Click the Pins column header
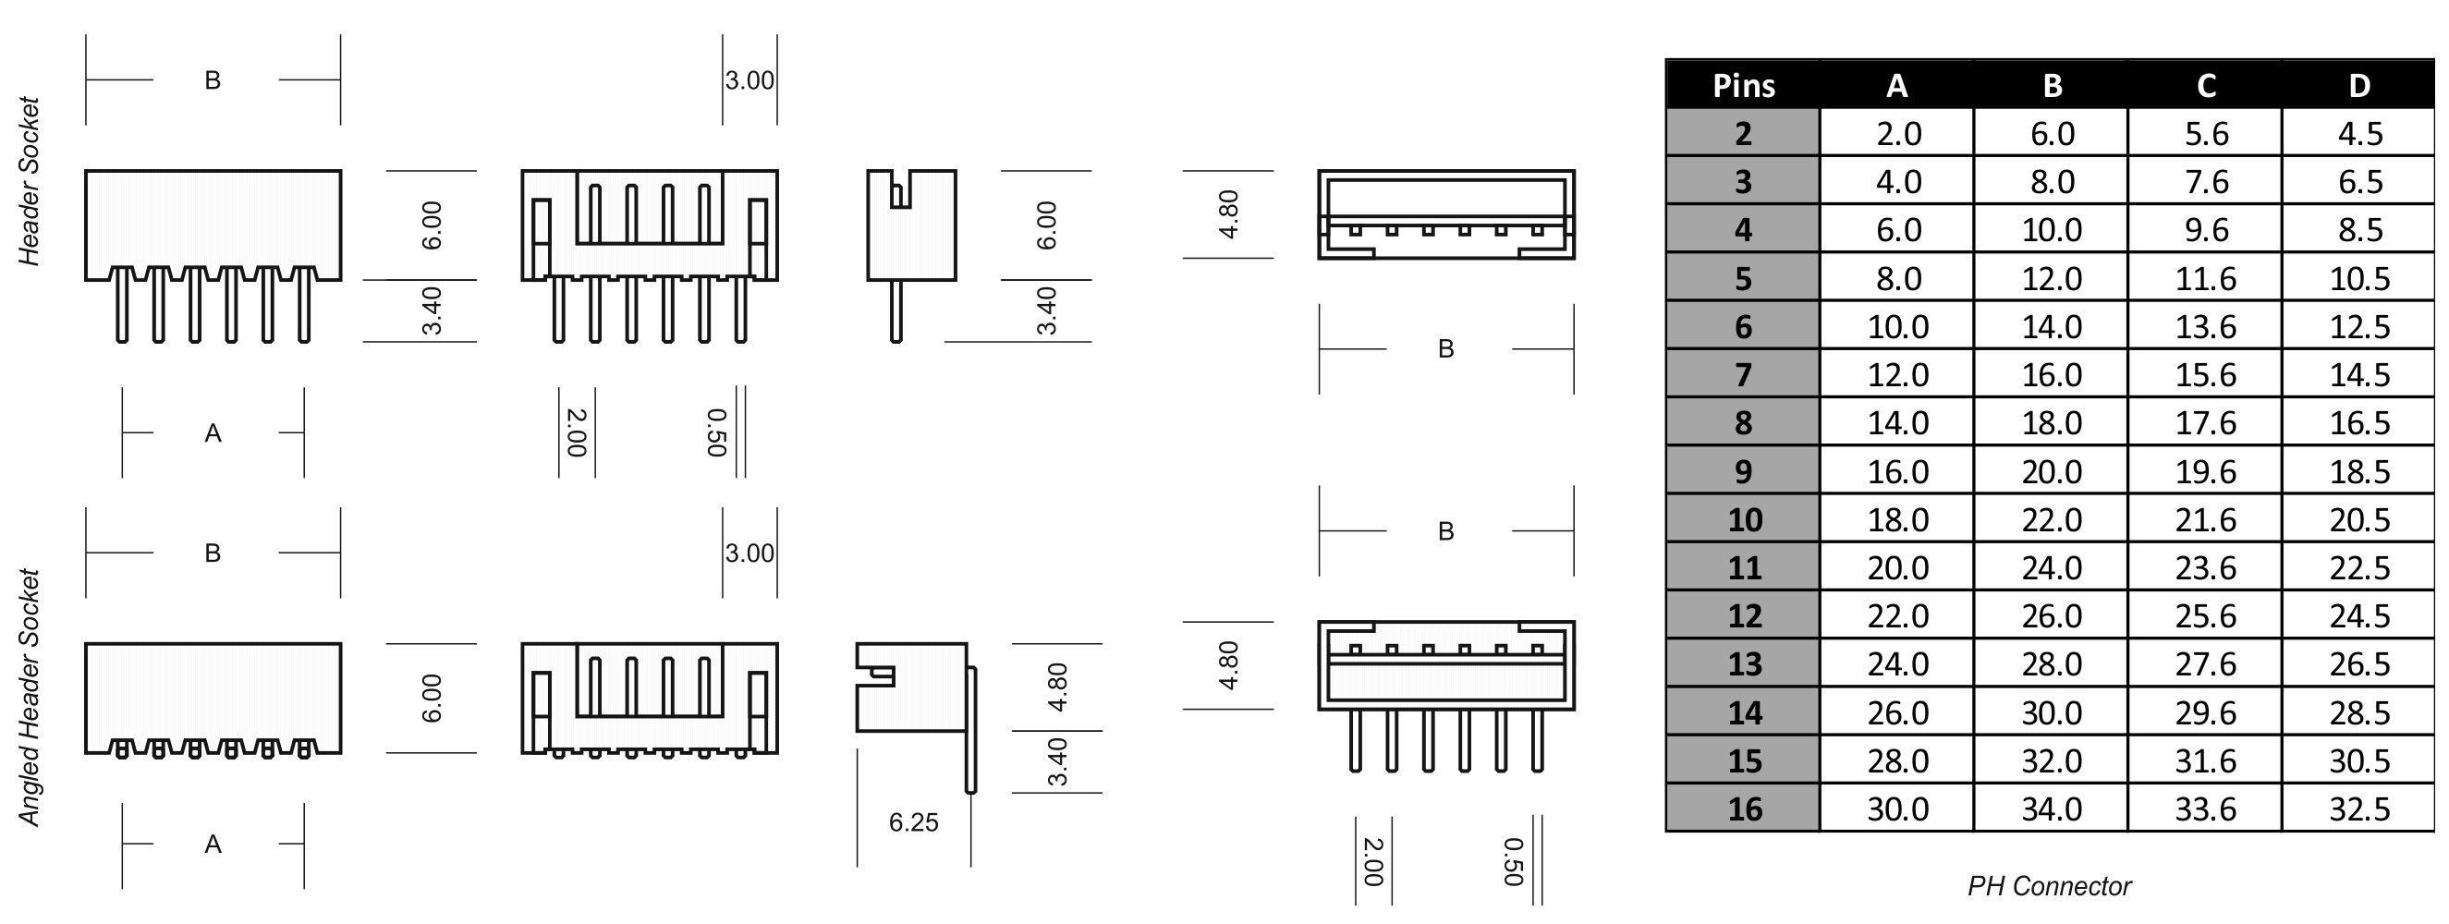[1744, 86]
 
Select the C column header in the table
[2206, 86]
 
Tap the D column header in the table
[2358, 86]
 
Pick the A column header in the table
[1896, 86]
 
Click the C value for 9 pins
[2206, 471]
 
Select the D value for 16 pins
[2358, 809]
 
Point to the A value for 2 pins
[1898, 133]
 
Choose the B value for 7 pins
[2052, 374]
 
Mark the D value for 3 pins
[2358, 182]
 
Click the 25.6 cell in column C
[2206, 616]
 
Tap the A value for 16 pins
[1897, 809]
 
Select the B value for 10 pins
[2052, 520]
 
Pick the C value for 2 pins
[2206, 133]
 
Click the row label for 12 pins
[1744, 616]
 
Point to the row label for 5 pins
[1744, 278]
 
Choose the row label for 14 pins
[1744, 713]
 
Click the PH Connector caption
[2049, 886]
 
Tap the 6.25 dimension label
[913, 822]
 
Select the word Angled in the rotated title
[30, 787]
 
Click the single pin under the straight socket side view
[896, 311]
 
